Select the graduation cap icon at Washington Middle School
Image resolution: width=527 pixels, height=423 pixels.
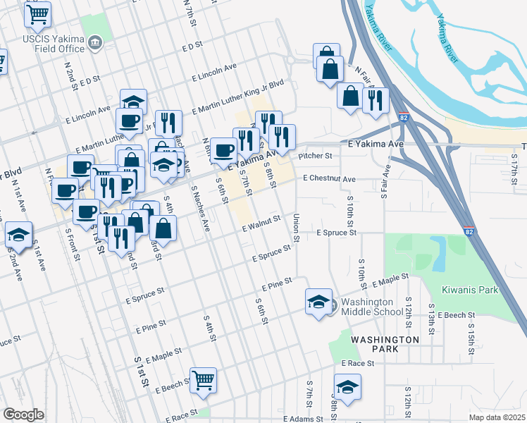318,301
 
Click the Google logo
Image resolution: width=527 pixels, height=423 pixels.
23,415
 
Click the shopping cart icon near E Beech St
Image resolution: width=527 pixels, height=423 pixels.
204,380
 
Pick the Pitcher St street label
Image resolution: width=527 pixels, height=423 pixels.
314,156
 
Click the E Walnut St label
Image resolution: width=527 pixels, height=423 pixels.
261,224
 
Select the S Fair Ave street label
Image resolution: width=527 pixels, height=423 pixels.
385,182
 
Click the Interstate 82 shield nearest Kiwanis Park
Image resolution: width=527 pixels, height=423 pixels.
469,231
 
